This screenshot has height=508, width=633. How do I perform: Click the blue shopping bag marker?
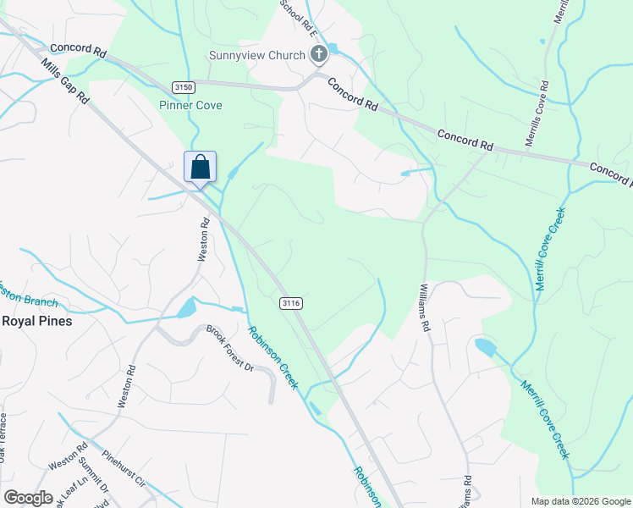coord(201,166)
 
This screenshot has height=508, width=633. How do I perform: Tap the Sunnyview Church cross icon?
coord(319,56)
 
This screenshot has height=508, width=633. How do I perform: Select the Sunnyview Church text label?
coord(257,56)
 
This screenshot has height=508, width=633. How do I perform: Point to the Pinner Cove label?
coord(190,106)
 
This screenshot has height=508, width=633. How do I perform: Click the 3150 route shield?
coord(182,86)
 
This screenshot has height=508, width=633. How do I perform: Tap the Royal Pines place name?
coord(36,321)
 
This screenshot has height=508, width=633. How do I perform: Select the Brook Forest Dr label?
coord(230,348)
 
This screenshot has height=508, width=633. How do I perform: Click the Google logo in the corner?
coord(28,498)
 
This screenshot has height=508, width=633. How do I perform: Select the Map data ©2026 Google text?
coord(581,501)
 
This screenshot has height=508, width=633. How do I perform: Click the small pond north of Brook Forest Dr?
coord(185,309)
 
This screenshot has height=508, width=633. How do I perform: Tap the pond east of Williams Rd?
coord(485,347)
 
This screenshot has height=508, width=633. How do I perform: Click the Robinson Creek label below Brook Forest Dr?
coord(272,357)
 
